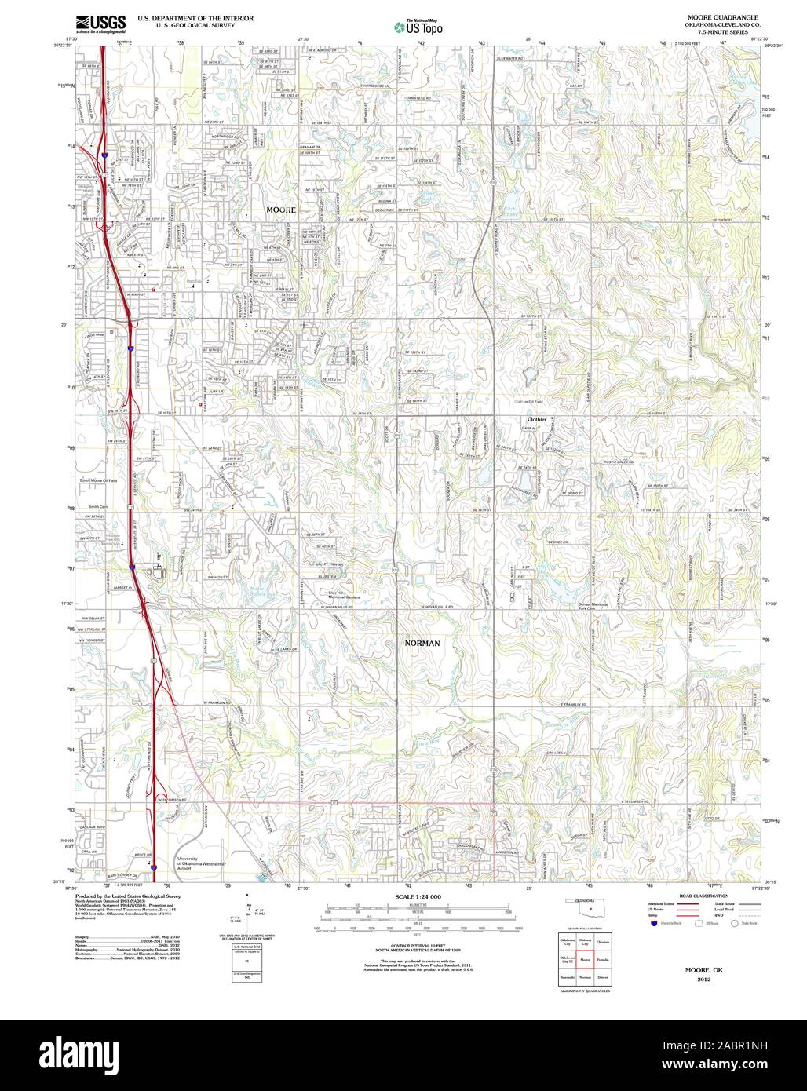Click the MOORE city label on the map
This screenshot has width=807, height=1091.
pyautogui.click(x=281, y=210)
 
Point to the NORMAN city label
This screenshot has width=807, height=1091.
pyautogui.click(x=422, y=643)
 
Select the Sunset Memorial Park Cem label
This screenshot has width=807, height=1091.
pyautogui.click(x=595, y=606)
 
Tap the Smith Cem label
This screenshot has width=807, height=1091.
pyautogui.click(x=97, y=507)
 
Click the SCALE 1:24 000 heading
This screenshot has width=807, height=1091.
pyautogui.click(x=418, y=896)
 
